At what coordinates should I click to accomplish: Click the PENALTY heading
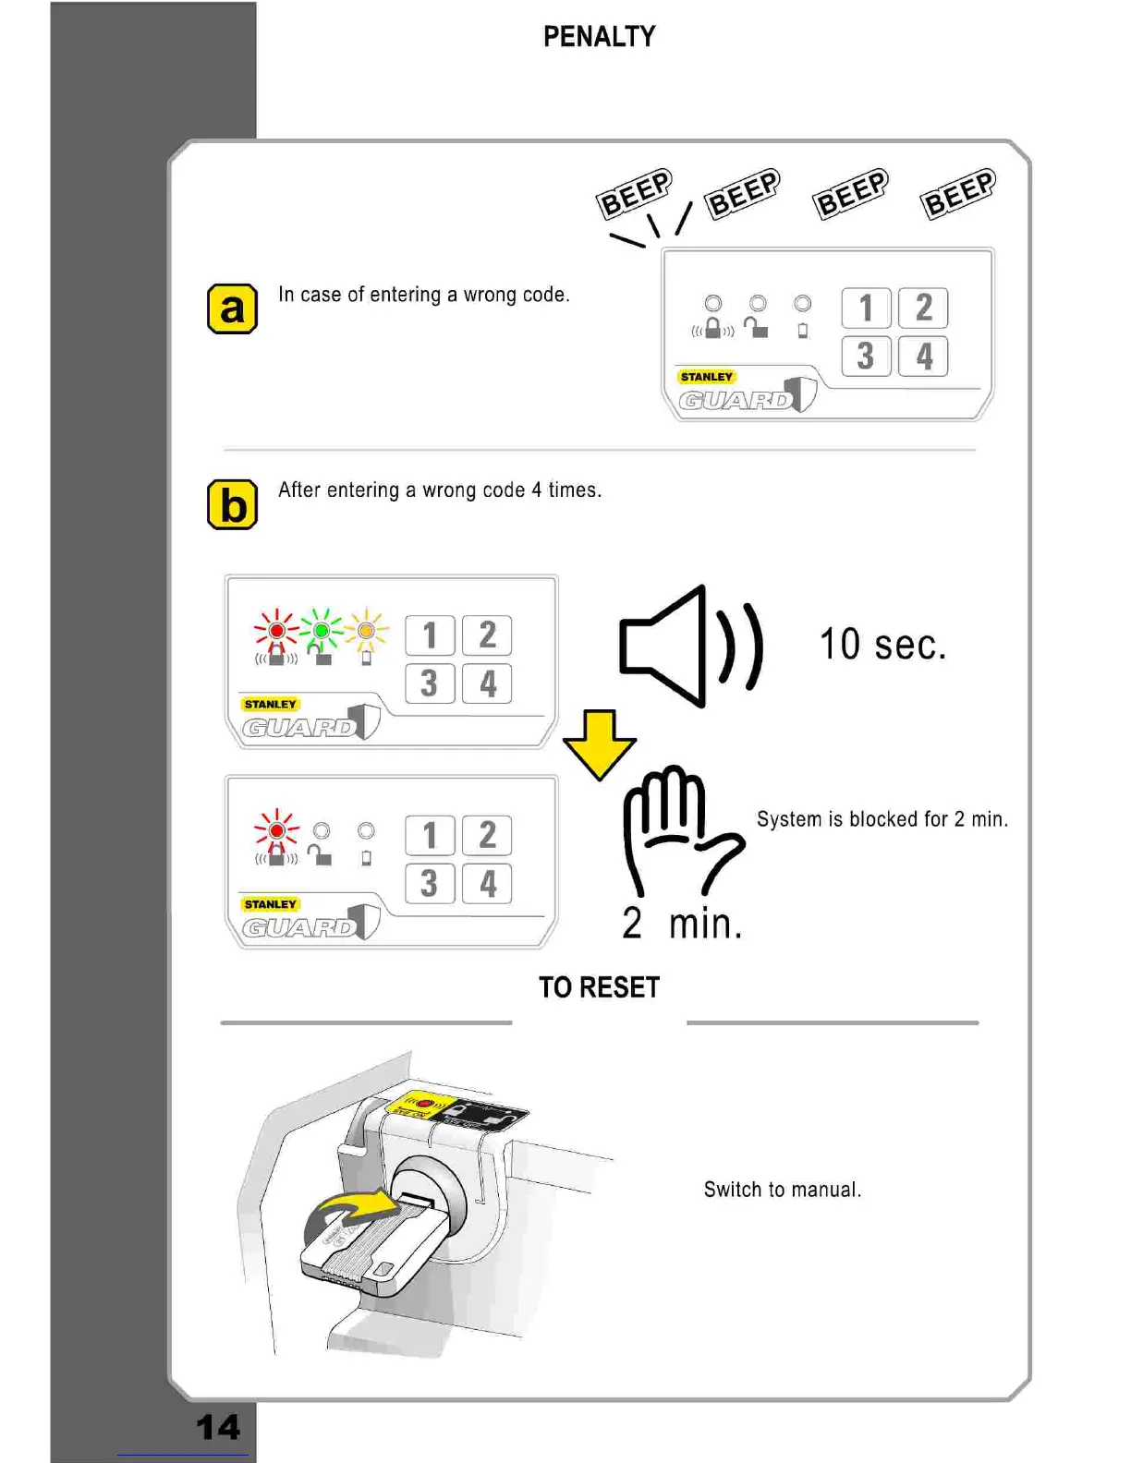pyautogui.click(x=599, y=37)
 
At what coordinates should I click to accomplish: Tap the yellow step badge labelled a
pyautogui.click(x=232, y=308)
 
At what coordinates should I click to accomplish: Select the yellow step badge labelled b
pyautogui.click(x=232, y=504)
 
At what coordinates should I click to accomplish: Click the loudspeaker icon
pyautogui.click(x=688, y=647)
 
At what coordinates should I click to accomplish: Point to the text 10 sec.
pyautogui.click(x=882, y=645)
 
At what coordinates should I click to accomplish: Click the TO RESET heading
pyautogui.click(x=599, y=987)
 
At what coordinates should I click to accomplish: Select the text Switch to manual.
pyautogui.click(x=782, y=1190)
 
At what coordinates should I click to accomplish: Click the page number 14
pyautogui.click(x=218, y=1427)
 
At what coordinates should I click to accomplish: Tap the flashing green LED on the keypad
pyautogui.click(x=322, y=631)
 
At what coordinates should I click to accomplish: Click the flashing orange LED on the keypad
pyautogui.click(x=366, y=631)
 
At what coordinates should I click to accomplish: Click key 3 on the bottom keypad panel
pyautogui.click(x=430, y=884)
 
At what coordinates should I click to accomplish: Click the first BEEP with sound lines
pyautogui.click(x=635, y=194)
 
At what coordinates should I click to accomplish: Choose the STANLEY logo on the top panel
pyautogui.click(x=706, y=377)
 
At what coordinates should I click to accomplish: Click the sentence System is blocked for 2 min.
pyautogui.click(x=882, y=819)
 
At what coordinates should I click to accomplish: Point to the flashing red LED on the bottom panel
pyautogui.click(x=276, y=830)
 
